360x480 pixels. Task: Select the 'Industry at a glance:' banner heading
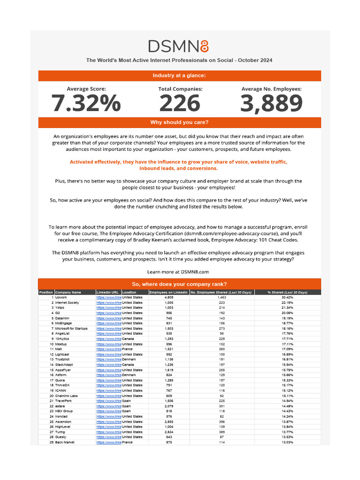[180, 76]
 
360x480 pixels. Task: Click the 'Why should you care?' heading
[180, 123]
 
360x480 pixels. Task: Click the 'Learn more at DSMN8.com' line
[178, 271]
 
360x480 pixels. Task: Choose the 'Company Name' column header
[68, 292]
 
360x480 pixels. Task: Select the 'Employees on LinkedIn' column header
[169, 292]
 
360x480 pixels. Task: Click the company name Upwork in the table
[61, 298]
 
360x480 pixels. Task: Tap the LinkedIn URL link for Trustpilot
[109, 360]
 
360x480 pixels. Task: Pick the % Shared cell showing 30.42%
[287, 298]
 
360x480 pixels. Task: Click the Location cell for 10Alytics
[128, 339]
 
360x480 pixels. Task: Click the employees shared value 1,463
[222, 298]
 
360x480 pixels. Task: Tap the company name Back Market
[65, 442]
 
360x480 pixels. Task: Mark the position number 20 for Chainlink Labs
[51, 396]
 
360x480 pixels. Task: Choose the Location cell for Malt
[127, 349]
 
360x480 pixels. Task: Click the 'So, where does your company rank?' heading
[180, 284]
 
